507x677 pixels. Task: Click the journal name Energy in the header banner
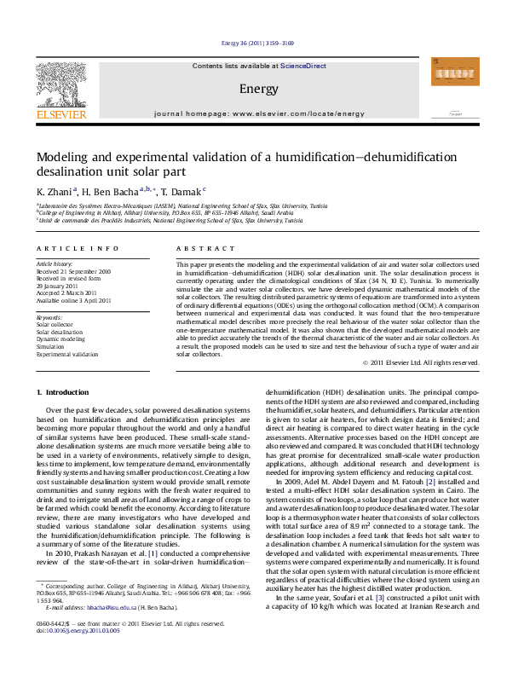pos(253,89)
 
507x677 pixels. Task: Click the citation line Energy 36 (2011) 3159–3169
pos(253,42)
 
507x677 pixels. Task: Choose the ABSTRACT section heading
pos(192,247)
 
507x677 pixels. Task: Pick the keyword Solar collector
pos(55,324)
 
